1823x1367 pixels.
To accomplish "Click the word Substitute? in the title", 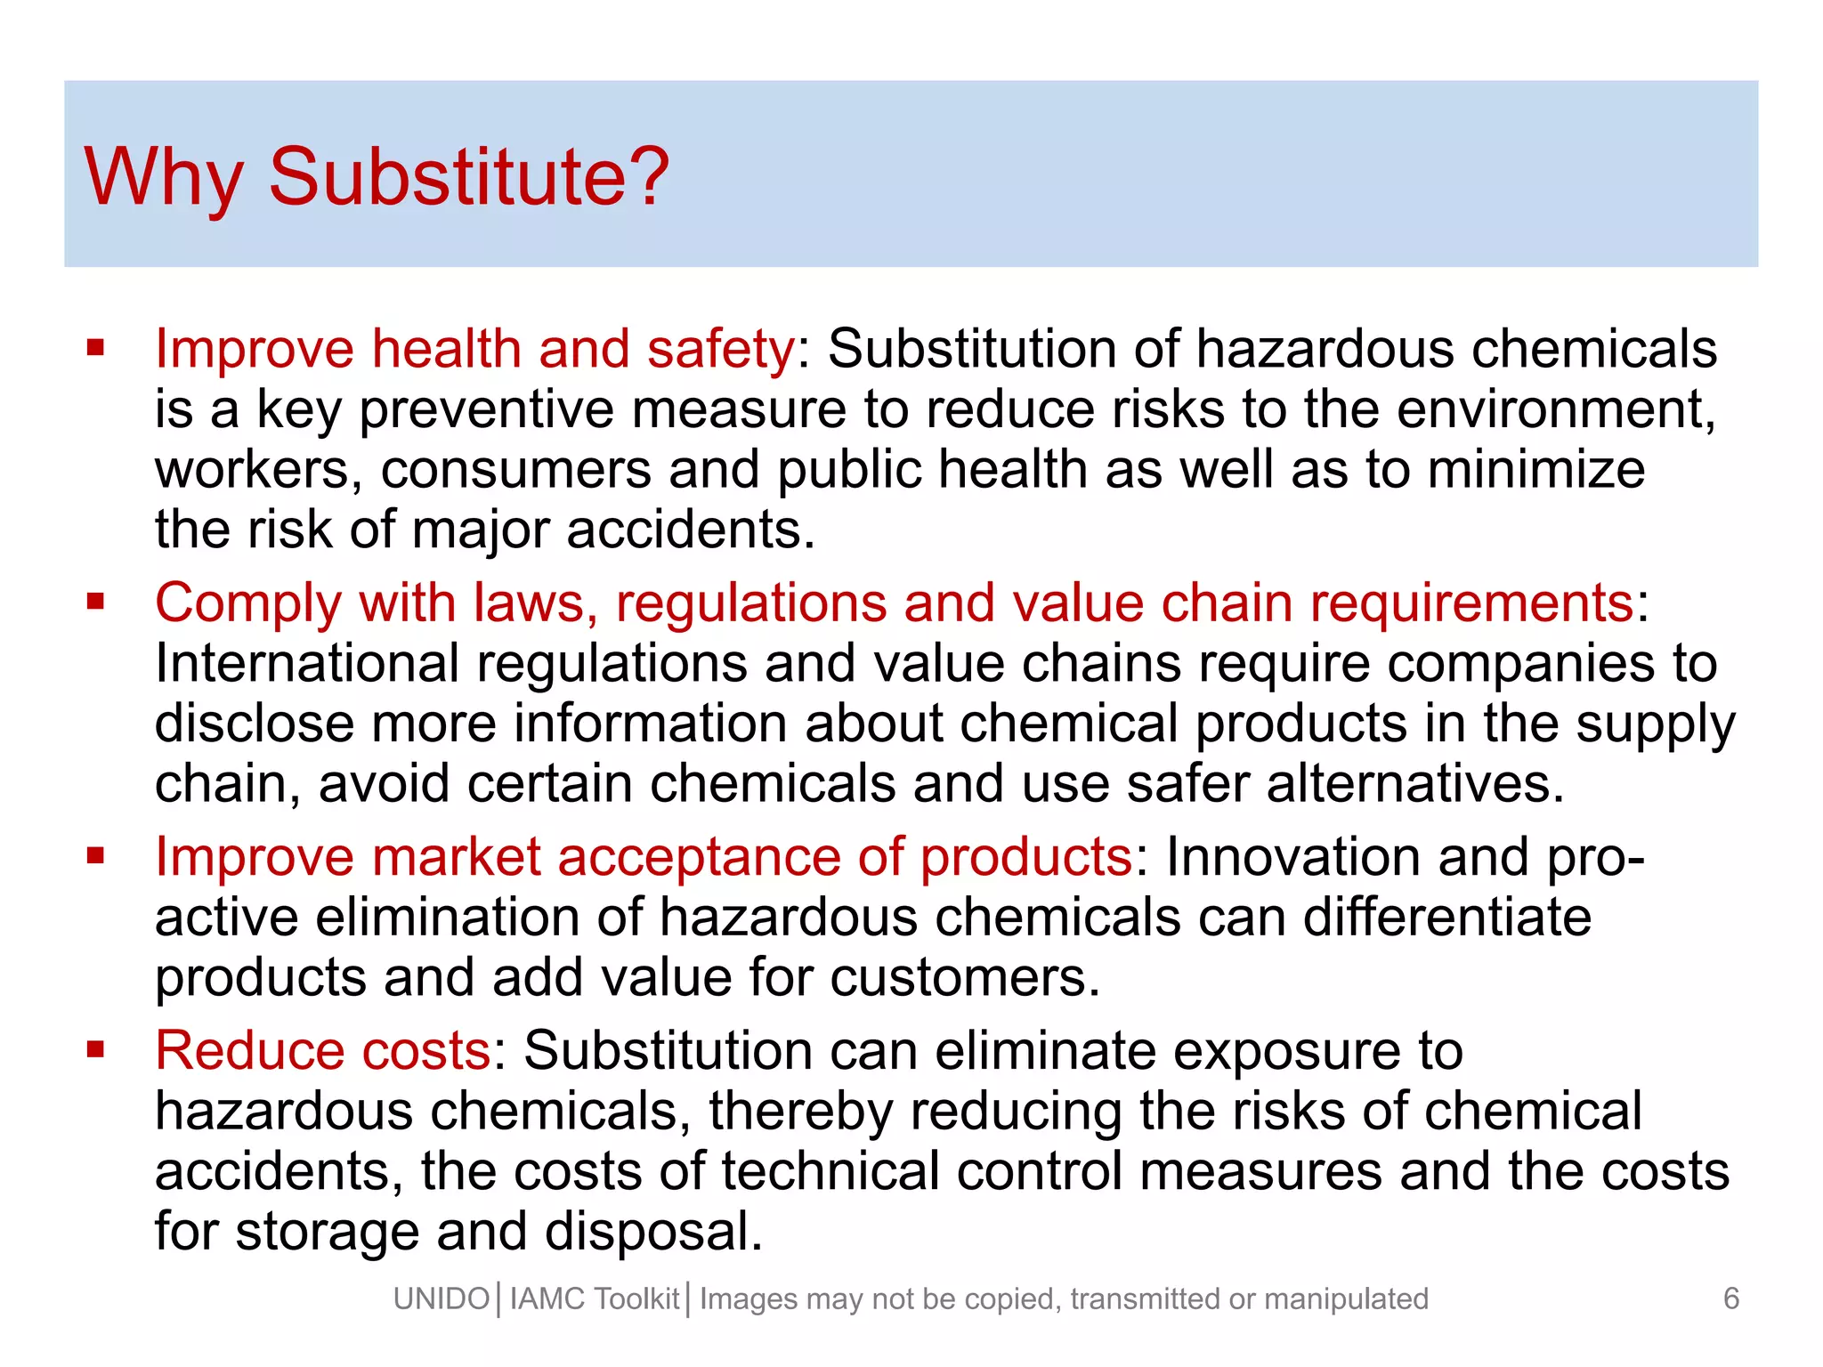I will pos(468,176).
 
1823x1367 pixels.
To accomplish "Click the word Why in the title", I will pos(164,176).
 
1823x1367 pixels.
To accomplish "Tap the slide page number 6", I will pos(1730,1298).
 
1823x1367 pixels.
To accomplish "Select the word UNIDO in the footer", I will pos(442,1299).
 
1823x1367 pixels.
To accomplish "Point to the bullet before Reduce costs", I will pos(95,1050).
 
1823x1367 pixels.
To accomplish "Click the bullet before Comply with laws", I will pos(95,603).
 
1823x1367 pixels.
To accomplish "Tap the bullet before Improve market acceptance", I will pos(95,856).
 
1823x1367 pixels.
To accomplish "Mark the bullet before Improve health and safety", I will pos(95,348).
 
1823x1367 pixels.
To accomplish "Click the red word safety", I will pos(720,348).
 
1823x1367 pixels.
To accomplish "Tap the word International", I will pos(307,664).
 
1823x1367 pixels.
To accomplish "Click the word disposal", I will pos(653,1232).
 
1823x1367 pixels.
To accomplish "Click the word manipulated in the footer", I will pos(1346,1299).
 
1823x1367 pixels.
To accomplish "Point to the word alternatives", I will pos(1414,784).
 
